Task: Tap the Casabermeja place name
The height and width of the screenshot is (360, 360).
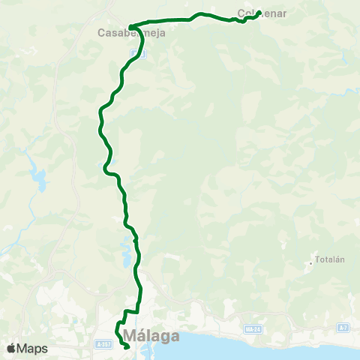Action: (132, 33)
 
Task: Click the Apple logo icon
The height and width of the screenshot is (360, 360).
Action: (11, 348)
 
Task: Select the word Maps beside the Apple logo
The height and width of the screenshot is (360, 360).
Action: (33, 348)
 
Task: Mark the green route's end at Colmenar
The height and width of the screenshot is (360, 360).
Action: (258, 13)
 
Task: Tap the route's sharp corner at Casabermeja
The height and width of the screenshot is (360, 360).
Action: (130, 28)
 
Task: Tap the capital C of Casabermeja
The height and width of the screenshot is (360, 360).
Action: (103, 33)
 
